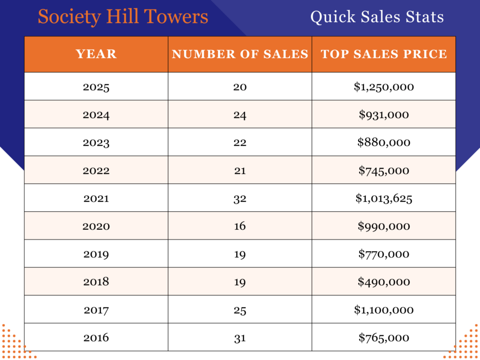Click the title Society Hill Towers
point(123,17)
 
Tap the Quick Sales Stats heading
point(377,17)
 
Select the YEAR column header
point(96,54)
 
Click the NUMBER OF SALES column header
point(240,54)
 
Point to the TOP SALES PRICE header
point(384,54)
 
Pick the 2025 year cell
point(96,87)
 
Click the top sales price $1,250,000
point(384,87)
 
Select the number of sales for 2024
point(240,115)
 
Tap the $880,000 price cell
point(384,142)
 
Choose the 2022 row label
point(96,171)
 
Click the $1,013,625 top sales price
point(384,198)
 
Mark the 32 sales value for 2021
point(240,198)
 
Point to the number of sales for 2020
point(240,226)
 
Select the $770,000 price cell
point(384,254)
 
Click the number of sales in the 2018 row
point(240,282)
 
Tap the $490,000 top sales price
point(384,282)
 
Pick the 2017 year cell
point(96,310)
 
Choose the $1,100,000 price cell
point(384,310)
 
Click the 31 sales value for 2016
point(240,337)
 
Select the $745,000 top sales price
point(384,171)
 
